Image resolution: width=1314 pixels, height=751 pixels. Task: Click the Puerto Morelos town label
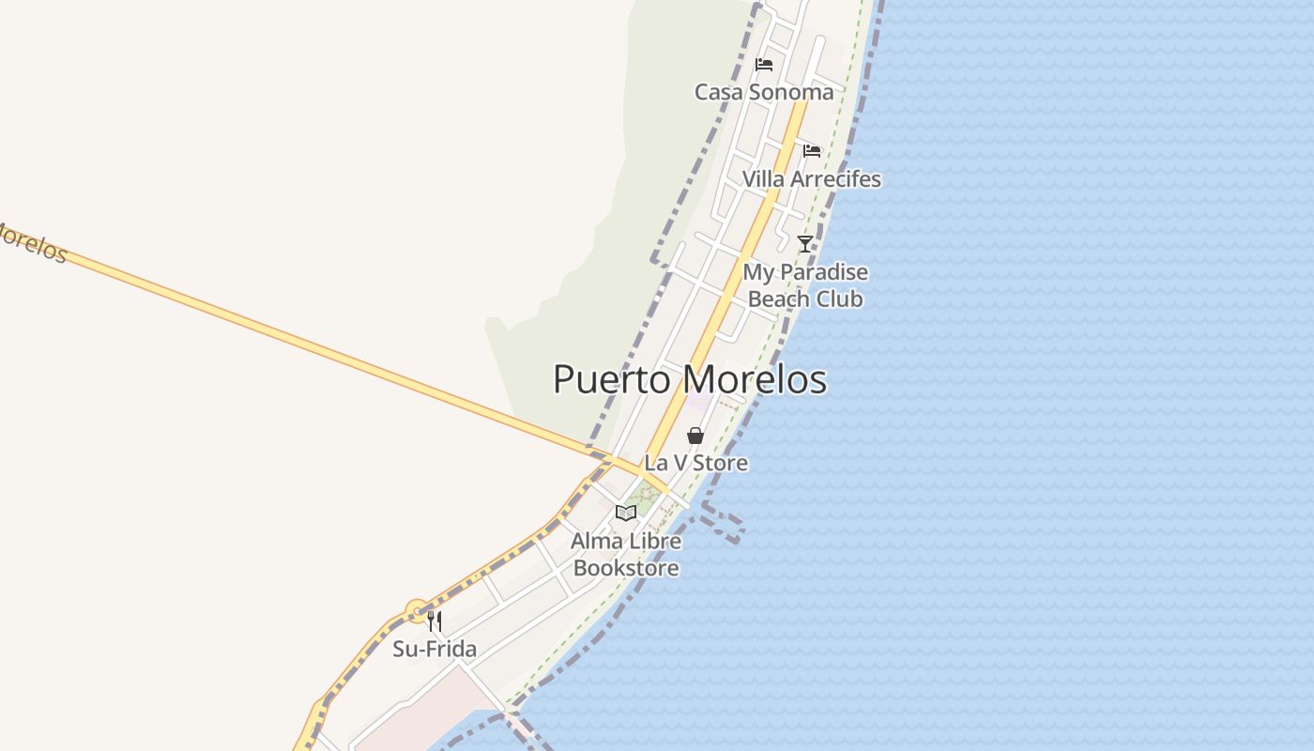(x=690, y=379)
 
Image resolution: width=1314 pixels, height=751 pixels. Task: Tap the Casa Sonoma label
(x=763, y=92)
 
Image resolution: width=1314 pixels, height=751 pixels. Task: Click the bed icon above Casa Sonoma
(x=764, y=65)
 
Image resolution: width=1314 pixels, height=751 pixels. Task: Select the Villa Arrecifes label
(x=811, y=179)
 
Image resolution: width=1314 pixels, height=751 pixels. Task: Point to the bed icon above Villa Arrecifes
(x=812, y=150)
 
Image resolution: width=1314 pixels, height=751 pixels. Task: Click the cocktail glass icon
(x=805, y=244)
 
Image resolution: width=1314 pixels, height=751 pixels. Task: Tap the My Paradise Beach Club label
(x=805, y=285)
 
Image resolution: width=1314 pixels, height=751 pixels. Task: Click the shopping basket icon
(x=695, y=436)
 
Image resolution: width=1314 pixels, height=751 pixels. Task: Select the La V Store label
(x=695, y=463)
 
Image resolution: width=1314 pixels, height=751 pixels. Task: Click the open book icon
(x=626, y=513)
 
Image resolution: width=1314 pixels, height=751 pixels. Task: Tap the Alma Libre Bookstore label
(x=626, y=554)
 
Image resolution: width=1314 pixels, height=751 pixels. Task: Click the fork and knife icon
(x=435, y=621)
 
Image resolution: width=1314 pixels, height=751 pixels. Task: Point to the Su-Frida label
(x=435, y=649)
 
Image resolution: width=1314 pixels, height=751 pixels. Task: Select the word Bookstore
(x=626, y=568)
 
